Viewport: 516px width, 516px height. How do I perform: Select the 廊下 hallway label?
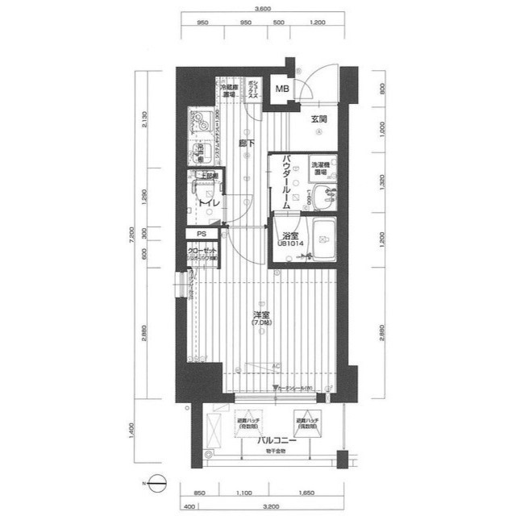tap(247, 144)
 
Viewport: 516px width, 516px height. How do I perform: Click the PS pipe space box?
tap(201, 235)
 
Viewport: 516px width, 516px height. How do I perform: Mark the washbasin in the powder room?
tap(326, 195)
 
